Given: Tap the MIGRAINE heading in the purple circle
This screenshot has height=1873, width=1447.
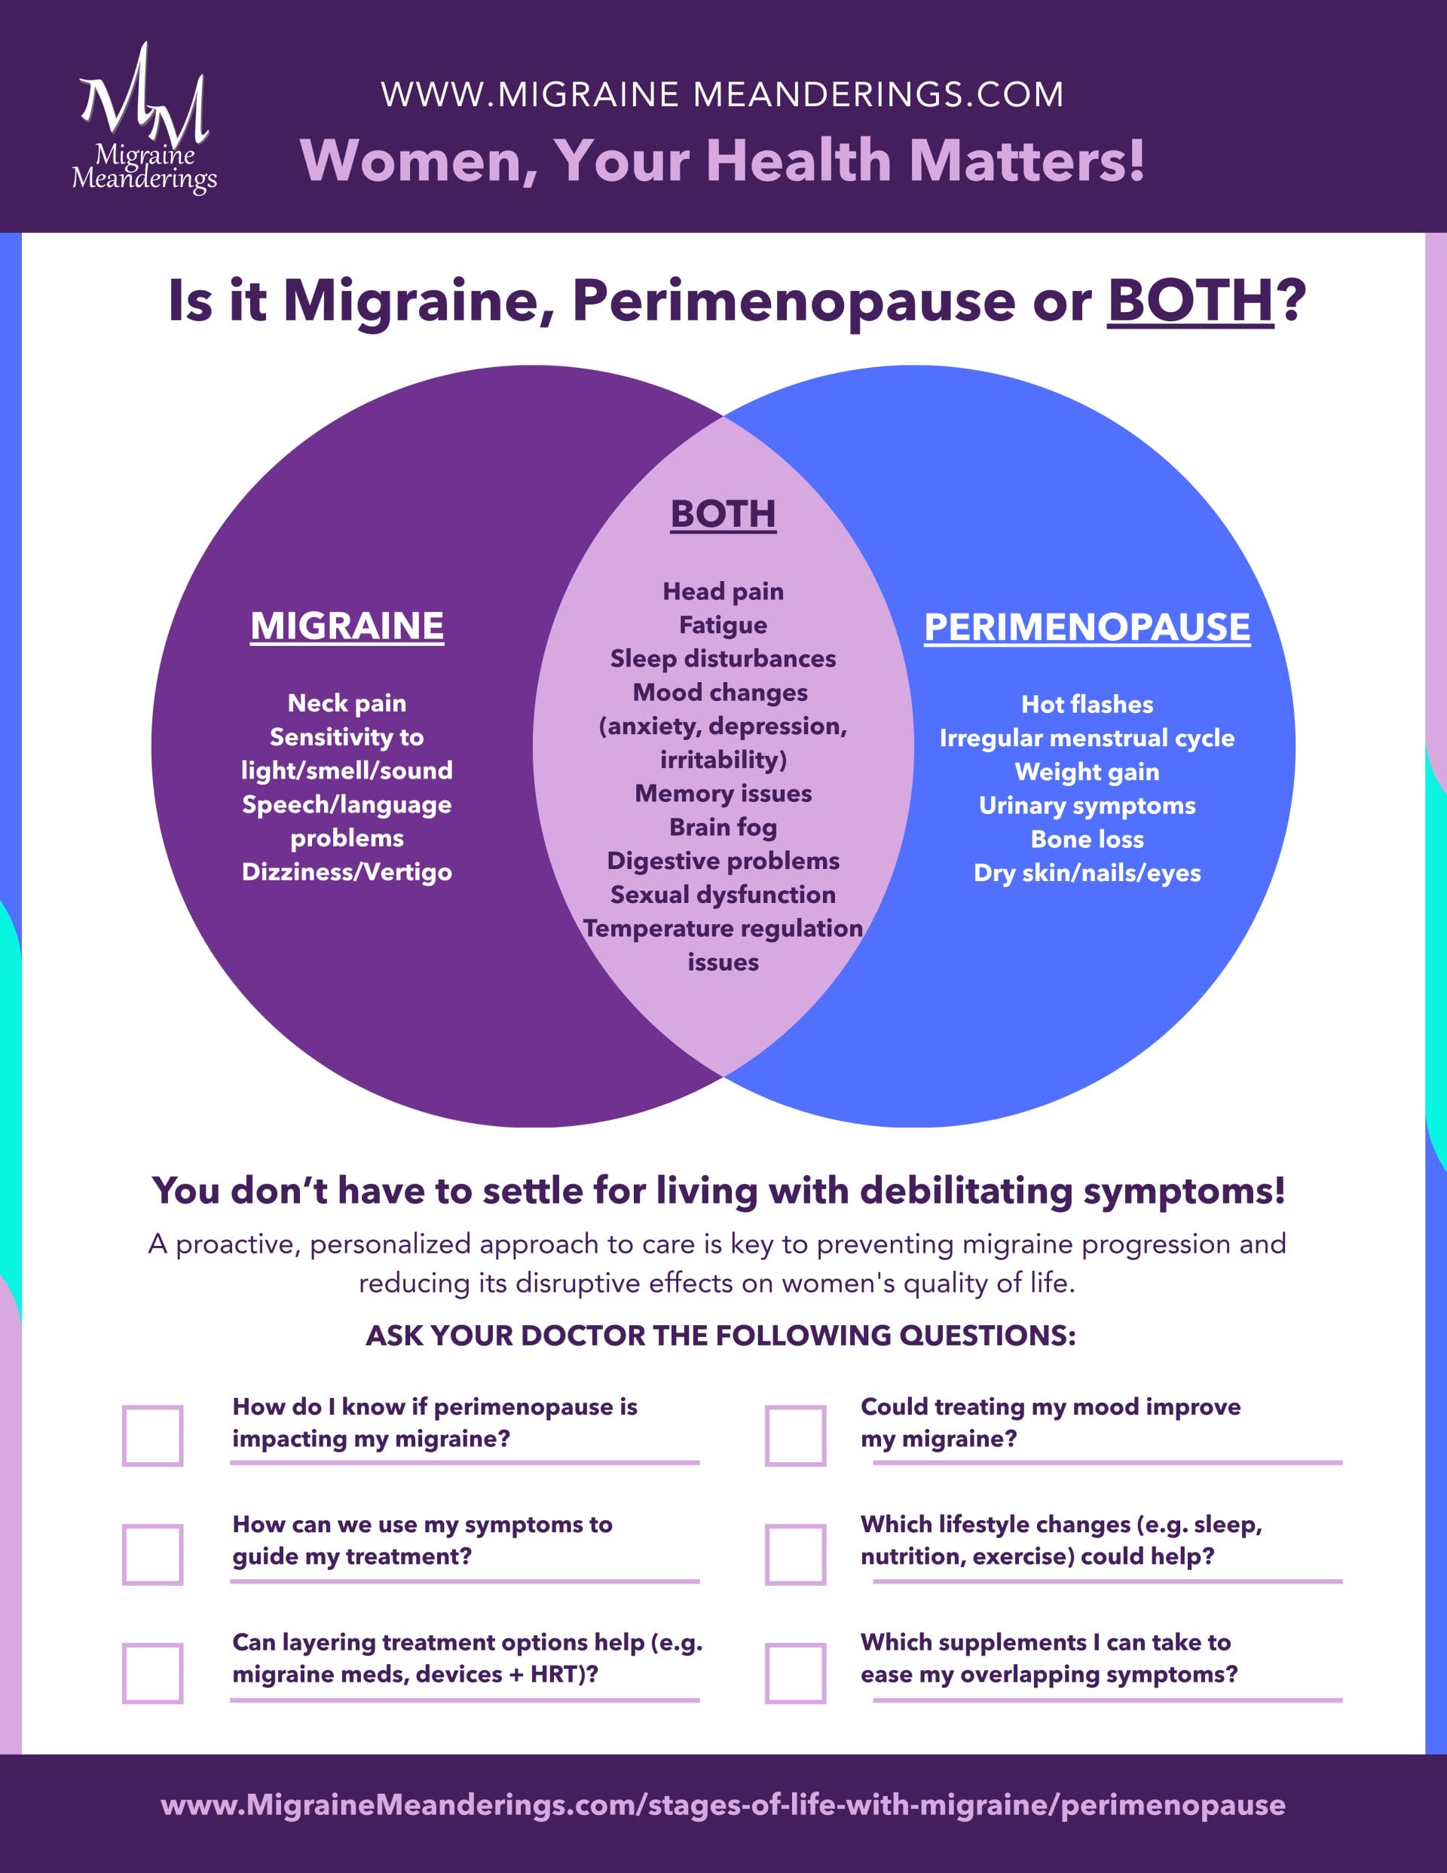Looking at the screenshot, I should coord(347,626).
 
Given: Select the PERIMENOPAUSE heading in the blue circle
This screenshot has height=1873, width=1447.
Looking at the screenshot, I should coord(1087,627).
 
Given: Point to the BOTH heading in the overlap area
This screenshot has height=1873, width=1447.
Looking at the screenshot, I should coord(723,515).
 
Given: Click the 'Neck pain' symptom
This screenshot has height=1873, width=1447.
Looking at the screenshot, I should coord(347,703).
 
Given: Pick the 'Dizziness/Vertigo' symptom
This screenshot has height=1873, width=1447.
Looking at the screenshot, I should coord(347,872).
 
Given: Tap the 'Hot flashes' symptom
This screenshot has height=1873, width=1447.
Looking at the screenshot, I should coord(1087,705).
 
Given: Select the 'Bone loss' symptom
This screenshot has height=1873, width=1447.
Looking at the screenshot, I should coord(1087,840).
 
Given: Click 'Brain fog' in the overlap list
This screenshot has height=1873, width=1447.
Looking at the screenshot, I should coord(723,828).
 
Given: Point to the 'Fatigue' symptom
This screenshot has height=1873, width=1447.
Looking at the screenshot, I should coord(723,625).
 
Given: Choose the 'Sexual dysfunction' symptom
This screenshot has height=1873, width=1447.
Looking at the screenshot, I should coord(723,895).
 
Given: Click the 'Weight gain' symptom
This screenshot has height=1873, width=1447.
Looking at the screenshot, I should coord(1087,772).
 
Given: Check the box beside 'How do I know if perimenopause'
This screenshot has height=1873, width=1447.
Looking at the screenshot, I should coord(153,1436).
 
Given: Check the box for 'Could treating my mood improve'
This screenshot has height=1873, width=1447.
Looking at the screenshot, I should coord(795,1436).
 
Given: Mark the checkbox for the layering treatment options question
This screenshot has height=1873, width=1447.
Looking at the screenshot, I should coord(153,1673).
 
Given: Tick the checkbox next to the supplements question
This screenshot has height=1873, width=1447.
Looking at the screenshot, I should coord(795,1673).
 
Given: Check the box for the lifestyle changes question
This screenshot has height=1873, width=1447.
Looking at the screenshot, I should coord(795,1554).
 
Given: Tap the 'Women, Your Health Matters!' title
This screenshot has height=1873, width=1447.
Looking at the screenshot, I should coord(722,161).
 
